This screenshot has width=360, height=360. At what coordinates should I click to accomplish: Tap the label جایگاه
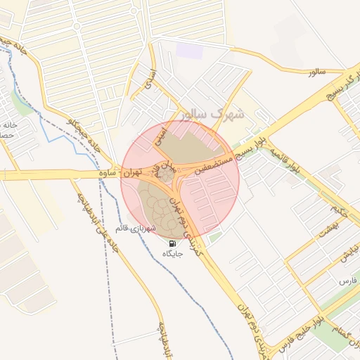coord(172,254)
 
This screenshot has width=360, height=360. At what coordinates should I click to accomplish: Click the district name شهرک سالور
coord(211,113)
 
